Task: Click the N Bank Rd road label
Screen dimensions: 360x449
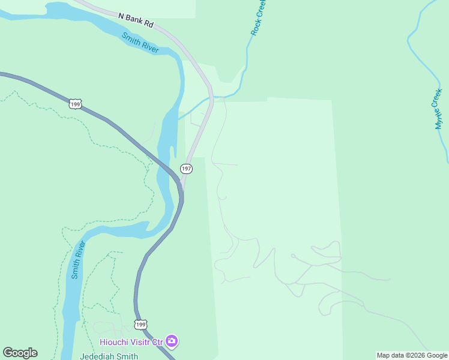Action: (x=136, y=22)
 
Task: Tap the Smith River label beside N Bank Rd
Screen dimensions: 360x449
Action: (x=140, y=43)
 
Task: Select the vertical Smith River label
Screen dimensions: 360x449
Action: (x=77, y=260)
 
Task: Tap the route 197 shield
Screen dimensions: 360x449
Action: (x=186, y=170)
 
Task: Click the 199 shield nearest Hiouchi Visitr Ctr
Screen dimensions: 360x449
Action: (x=140, y=325)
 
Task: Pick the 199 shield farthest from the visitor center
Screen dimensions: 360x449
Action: (x=75, y=104)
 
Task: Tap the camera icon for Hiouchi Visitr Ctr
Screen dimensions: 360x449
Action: (x=172, y=341)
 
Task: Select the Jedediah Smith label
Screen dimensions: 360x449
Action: (x=109, y=356)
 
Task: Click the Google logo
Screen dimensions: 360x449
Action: (x=20, y=353)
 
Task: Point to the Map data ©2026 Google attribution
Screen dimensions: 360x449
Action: (x=412, y=355)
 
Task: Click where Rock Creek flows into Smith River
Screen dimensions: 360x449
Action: (x=178, y=118)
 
